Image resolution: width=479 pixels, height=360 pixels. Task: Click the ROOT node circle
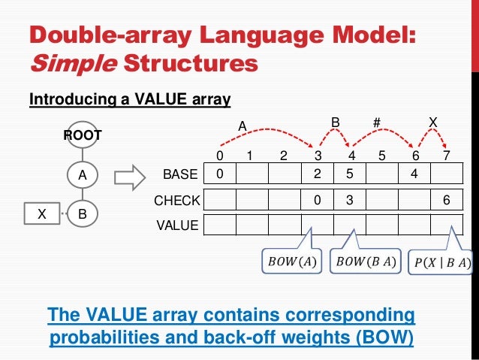pyautogui.click(x=83, y=136)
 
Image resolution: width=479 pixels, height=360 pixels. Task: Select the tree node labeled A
pyautogui.click(x=83, y=175)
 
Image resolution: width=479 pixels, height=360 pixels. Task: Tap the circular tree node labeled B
pyautogui.click(x=83, y=213)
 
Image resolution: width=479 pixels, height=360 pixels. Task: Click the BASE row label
pyautogui.click(x=180, y=175)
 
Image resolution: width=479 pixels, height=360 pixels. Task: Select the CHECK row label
pyautogui.click(x=177, y=201)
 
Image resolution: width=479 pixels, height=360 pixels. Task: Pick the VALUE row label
pyautogui.click(x=177, y=225)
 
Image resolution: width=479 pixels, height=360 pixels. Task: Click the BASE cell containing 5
pyautogui.click(x=349, y=175)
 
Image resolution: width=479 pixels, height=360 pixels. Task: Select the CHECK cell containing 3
pyautogui.click(x=349, y=201)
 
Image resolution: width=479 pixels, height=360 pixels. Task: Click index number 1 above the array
pyautogui.click(x=252, y=157)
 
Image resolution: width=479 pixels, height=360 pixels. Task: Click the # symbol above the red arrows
pyautogui.click(x=379, y=122)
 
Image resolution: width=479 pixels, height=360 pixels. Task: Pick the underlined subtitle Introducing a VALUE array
pyautogui.click(x=129, y=98)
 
